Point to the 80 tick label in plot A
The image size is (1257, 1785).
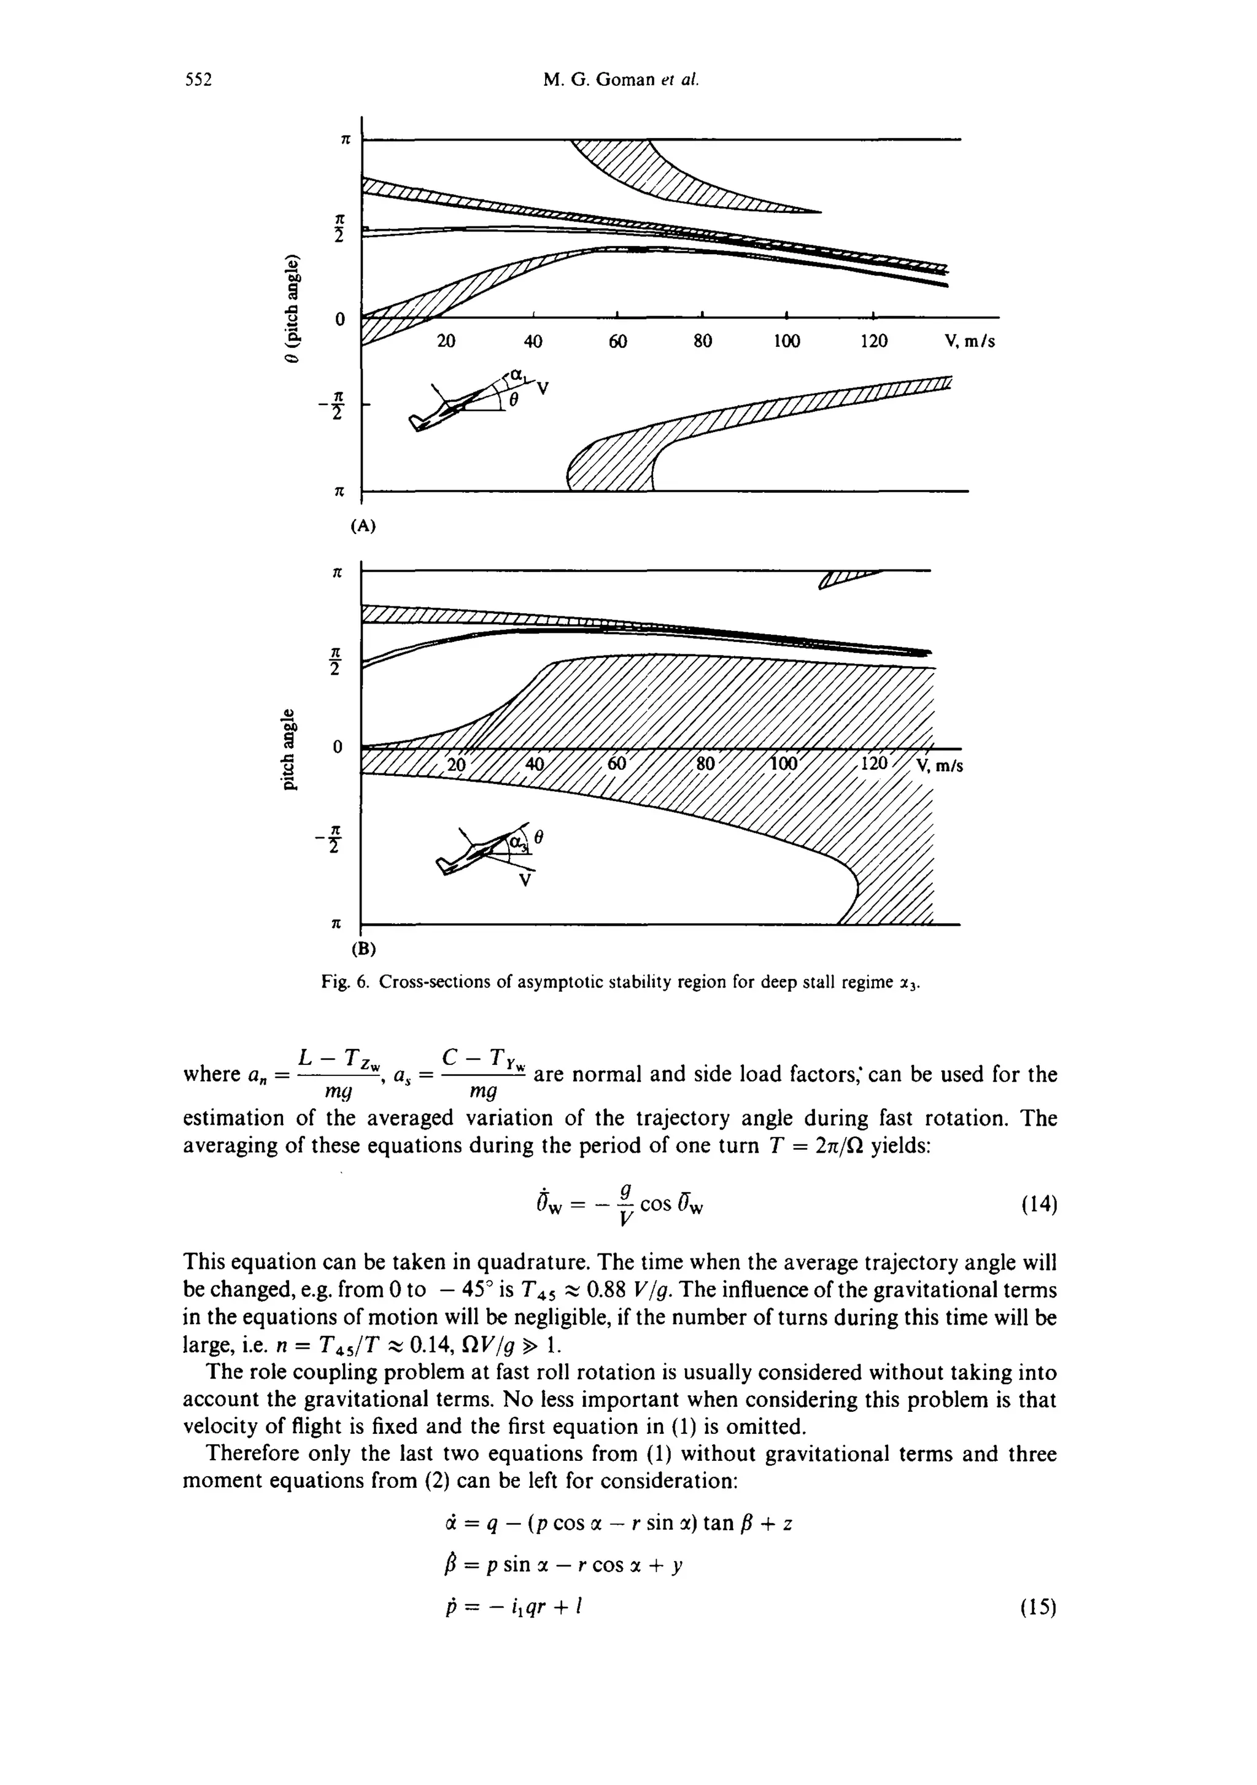[702, 341]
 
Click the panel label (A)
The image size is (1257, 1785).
[362, 526]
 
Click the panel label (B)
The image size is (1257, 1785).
[362, 948]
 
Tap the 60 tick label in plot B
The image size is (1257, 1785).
[616, 764]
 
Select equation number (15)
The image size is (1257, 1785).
[1038, 1607]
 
